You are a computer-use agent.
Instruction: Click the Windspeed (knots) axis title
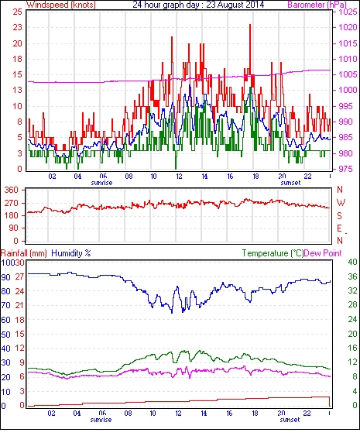pyautogui.click(x=61, y=5)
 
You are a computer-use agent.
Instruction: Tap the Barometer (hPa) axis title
pyautogui.click(x=317, y=5)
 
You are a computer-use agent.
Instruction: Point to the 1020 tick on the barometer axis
pyautogui.click(x=348, y=27)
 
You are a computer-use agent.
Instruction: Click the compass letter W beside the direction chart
pyautogui.click(x=341, y=202)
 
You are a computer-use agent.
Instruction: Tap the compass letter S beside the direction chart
pyautogui.click(x=339, y=215)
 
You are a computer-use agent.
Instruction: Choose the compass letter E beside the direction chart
pyautogui.click(x=339, y=228)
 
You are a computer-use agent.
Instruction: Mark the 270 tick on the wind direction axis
pyautogui.click(x=12, y=203)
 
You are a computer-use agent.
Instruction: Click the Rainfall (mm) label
pyautogui.click(x=24, y=253)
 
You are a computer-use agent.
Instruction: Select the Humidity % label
pyautogui.click(x=71, y=253)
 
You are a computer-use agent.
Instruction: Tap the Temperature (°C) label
pyautogui.click(x=273, y=253)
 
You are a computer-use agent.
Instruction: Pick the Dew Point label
pyautogui.click(x=323, y=253)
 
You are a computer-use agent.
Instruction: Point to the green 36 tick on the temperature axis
pyautogui.click(x=352, y=276)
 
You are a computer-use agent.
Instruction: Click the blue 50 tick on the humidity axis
pyautogui.click(x=5, y=335)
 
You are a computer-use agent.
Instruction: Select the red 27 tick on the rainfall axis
pyautogui.click(x=20, y=277)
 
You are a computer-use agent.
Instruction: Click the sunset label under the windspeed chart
pyautogui.click(x=290, y=183)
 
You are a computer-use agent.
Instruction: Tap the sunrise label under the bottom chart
pyautogui.click(x=101, y=420)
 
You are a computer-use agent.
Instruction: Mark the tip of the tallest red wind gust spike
pyautogui.click(x=250, y=25)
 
